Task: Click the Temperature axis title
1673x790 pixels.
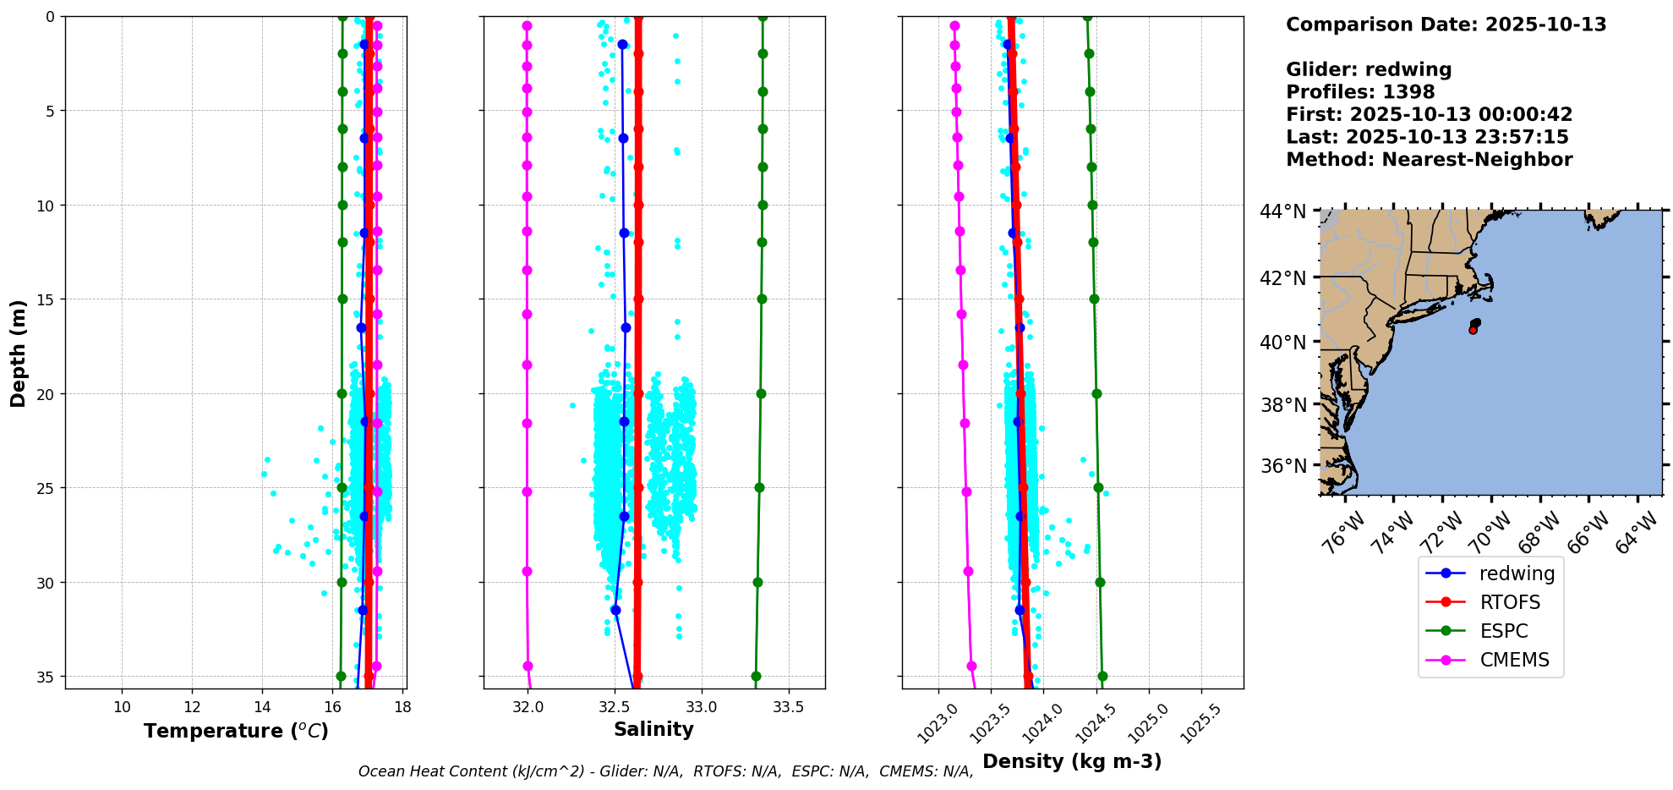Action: [236, 731]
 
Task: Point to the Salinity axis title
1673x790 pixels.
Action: [653, 729]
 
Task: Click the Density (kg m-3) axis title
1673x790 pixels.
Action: [1072, 761]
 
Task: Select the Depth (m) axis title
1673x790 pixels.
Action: [18, 353]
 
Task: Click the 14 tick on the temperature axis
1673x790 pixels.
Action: [262, 707]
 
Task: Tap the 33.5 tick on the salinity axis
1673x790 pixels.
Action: [788, 707]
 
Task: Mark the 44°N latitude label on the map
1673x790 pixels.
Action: [1282, 211]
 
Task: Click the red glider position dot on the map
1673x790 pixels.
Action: [1473, 330]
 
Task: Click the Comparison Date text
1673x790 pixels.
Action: [1446, 25]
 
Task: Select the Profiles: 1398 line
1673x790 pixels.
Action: [1360, 92]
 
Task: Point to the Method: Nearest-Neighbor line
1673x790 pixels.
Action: [1429, 160]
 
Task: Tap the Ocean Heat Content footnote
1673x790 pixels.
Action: [665, 771]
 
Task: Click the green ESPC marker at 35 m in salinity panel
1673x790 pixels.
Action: [756, 676]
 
